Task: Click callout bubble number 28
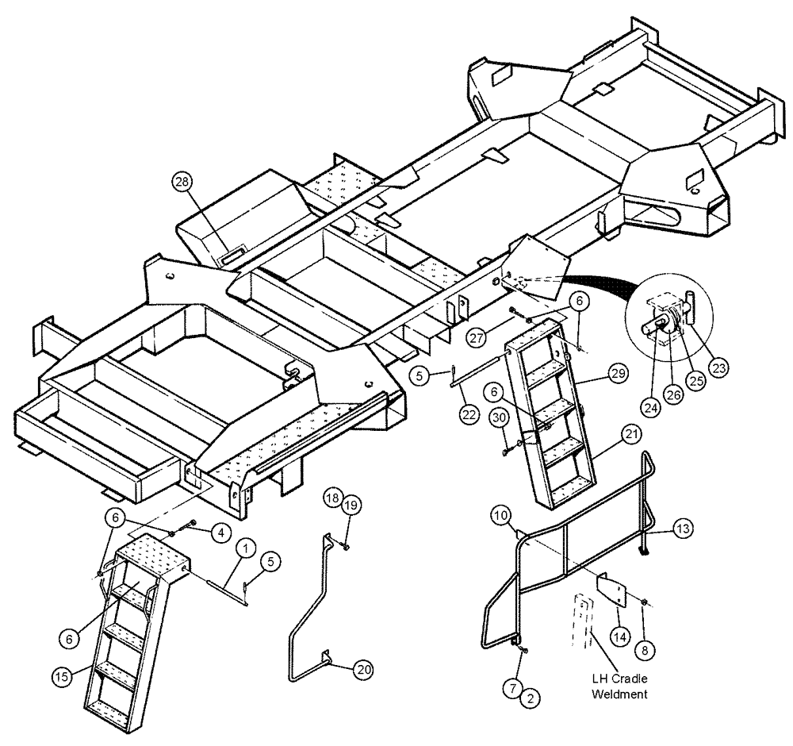pyautogui.click(x=183, y=182)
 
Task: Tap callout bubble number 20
pyautogui.click(x=363, y=670)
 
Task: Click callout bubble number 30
pyautogui.click(x=499, y=418)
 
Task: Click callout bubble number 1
pyautogui.click(x=246, y=548)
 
